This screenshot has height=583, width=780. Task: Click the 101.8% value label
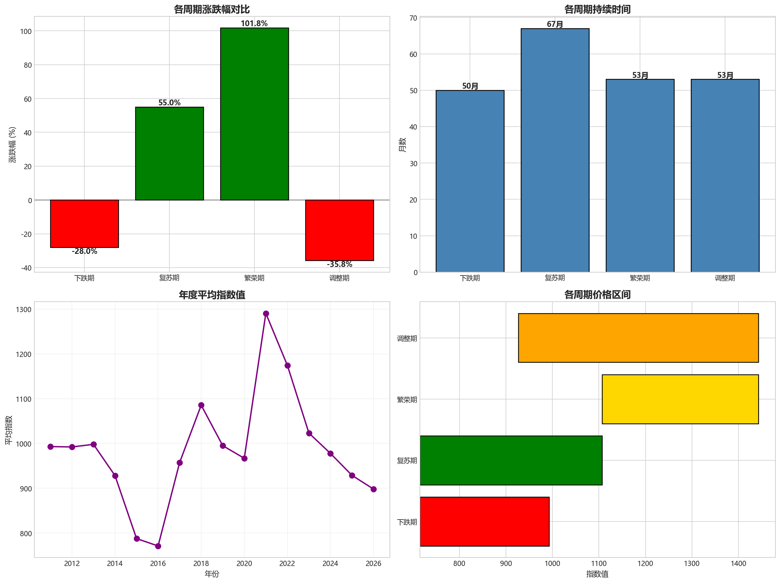click(x=254, y=24)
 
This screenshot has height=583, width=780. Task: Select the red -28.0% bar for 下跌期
click(x=84, y=223)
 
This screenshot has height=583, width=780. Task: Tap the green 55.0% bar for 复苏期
click(x=169, y=153)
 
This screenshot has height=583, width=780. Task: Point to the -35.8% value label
click(x=339, y=264)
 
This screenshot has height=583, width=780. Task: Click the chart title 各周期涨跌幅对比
click(x=212, y=9)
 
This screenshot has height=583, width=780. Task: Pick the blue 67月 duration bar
click(x=555, y=150)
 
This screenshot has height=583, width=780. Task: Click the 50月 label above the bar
click(x=470, y=86)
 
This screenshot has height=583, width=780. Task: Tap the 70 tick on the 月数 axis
click(x=413, y=18)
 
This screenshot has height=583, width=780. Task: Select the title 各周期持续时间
click(x=597, y=9)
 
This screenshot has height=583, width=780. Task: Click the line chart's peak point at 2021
click(x=266, y=313)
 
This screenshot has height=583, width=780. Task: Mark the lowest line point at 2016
click(x=158, y=546)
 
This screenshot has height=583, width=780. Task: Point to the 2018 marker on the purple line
click(x=201, y=405)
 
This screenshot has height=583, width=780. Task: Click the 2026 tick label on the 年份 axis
click(x=373, y=563)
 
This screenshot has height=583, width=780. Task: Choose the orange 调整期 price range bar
click(x=638, y=338)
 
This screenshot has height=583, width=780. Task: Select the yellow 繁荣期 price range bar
click(x=680, y=399)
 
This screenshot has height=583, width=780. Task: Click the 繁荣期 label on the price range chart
click(x=407, y=399)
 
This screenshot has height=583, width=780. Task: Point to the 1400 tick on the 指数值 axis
click(x=738, y=563)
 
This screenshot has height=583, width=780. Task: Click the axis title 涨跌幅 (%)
click(x=12, y=145)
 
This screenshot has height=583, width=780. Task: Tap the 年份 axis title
click(x=212, y=574)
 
